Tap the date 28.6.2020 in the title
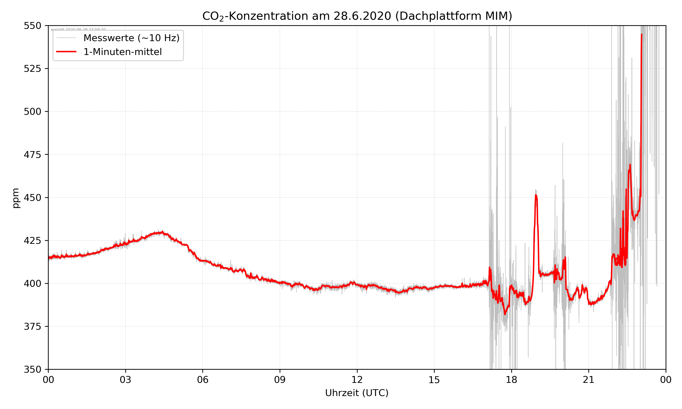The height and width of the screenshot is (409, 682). (x=362, y=16)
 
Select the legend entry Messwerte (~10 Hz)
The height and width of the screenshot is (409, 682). (x=131, y=38)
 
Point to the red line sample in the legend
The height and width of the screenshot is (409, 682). (x=66, y=52)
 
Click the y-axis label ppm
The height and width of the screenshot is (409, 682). (x=16, y=198)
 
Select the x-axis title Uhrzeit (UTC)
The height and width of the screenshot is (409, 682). (x=357, y=393)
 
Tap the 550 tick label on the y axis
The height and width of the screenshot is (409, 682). (x=32, y=26)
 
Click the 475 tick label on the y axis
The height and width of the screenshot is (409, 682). (x=32, y=155)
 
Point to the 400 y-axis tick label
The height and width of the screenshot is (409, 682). (x=32, y=284)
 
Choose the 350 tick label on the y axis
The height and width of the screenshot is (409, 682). (x=32, y=370)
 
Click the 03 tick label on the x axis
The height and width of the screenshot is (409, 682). (x=125, y=380)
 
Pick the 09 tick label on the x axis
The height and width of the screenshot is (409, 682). (x=280, y=380)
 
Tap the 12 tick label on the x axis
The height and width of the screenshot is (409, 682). (x=357, y=380)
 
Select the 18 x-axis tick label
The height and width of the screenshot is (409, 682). (x=511, y=380)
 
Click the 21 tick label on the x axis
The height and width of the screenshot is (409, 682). (x=589, y=380)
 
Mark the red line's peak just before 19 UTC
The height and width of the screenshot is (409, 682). (x=536, y=195)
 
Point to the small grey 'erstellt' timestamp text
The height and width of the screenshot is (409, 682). (x=78, y=30)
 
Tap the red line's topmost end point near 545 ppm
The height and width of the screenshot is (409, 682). (x=642, y=35)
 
